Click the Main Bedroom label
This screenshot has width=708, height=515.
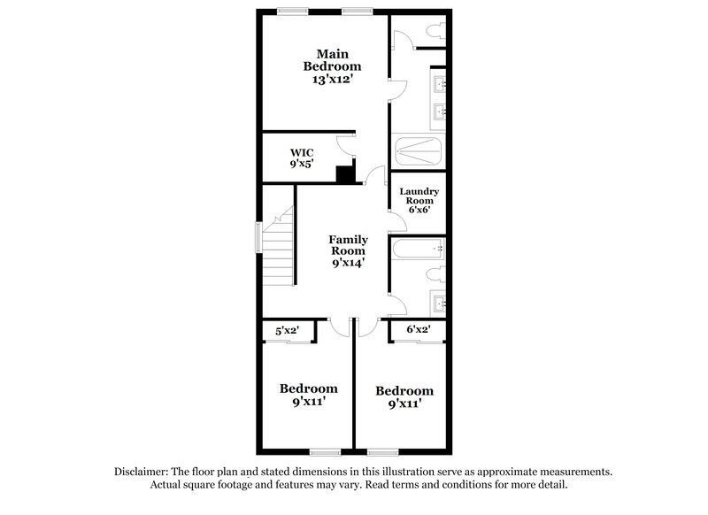tap(333, 58)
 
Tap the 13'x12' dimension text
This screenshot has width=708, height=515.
tap(333, 80)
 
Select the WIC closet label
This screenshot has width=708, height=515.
tap(302, 152)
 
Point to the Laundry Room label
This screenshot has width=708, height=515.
tap(419, 196)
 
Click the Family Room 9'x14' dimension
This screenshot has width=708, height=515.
tap(348, 263)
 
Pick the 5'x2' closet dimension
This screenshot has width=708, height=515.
tap(284, 331)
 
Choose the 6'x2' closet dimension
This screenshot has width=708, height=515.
tap(418, 331)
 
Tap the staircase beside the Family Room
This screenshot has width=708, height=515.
tap(278, 247)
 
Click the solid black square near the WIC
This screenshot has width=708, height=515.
tap(345, 174)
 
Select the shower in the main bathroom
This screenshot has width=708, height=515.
tap(419, 152)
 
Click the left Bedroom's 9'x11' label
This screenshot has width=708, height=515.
tap(309, 404)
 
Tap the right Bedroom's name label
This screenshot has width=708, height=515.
tap(404, 390)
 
